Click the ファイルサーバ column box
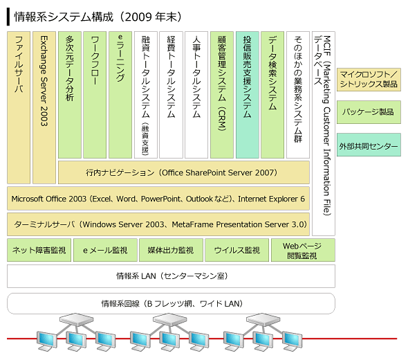tap(19, 107)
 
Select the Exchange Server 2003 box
tap(44, 107)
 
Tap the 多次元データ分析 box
tap(70, 95)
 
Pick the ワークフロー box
tap(95, 95)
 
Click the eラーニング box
tap(120, 95)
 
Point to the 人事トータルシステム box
tap(196, 95)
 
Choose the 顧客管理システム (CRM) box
tap(222, 95)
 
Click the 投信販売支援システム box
tap(248, 95)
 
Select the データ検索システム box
tap(272, 95)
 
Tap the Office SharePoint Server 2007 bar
tap(184, 172)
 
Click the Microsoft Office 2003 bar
tap(158, 199)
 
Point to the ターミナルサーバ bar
tap(158, 224)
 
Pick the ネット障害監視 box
tap(39, 250)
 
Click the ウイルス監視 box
tap(237, 250)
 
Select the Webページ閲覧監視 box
tap(303, 250)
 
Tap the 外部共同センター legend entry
tap(369, 145)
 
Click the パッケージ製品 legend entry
tap(369, 112)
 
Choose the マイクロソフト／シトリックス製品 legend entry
tap(369, 80)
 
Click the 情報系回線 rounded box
tap(171, 303)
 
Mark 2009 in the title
tap(138, 17)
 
